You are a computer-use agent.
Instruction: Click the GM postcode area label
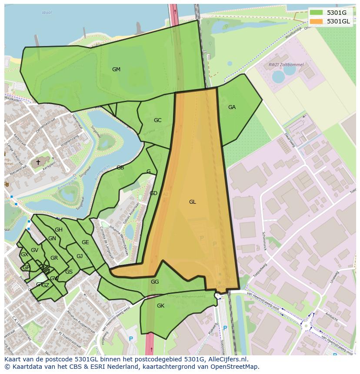pyautogui.click(x=116, y=70)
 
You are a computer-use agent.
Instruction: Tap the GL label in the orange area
pyautogui.click(x=192, y=202)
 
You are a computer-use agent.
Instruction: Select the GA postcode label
pyautogui.click(x=232, y=107)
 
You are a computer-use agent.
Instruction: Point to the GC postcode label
pyautogui.click(x=157, y=120)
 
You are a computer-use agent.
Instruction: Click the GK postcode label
pyautogui.click(x=160, y=306)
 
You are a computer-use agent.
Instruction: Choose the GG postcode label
pyautogui.click(x=155, y=282)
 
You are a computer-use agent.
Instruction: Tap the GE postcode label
pyautogui.click(x=85, y=242)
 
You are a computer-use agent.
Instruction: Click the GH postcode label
pyautogui.click(x=58, y=230)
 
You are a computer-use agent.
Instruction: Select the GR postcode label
pyautogui.click(x=54, y=258)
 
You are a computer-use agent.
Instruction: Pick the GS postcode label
pyautogui.click(x=69, y=272)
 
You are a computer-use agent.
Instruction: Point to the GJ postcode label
pyautogui.click(x=80, y=256)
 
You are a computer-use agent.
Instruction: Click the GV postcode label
pyautogui.click(x=34, y=250)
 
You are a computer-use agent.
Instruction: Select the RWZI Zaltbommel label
pyautogui.click(x=286, y=65)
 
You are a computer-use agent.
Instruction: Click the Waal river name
pyautogui.click(x=47, y=13)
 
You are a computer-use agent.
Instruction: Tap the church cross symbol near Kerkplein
pyautogui.click(x=38, y=162)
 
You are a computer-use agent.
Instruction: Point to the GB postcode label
pyautogui.click(x=120, y=168)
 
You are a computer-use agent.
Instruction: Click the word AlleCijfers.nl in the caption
pyautogui.click(x=227, y=359)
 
